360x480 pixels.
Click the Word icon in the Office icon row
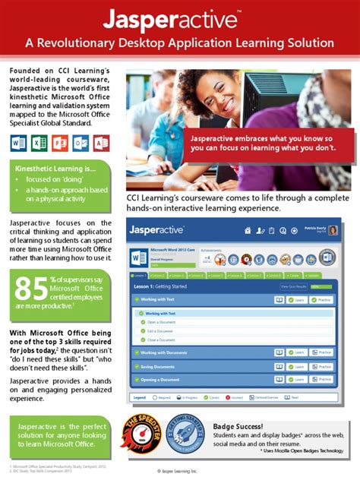pyautogui.click(x=18, y=142)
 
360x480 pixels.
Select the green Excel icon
pyautogui.click(x=39, y=142)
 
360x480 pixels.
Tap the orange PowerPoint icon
pyautogui.click(x=59, y=142)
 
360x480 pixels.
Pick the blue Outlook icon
pyautogui.click(x=80, y=142)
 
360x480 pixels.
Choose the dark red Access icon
pyautogui.click(x=100, y=142)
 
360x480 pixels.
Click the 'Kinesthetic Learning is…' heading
pyautogui.click(x=46, y=168)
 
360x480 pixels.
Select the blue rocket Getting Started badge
pyautogui.click(x=185, y=436)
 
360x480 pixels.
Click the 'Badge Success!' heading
pyautogui.click(x=238, y=426)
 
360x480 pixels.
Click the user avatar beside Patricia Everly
pyautogui.click(x=333, y=230)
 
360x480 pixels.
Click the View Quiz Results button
pyautogui.click(x=294, y=286)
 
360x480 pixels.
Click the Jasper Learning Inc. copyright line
pyautogui.click(x=180, y=471)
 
